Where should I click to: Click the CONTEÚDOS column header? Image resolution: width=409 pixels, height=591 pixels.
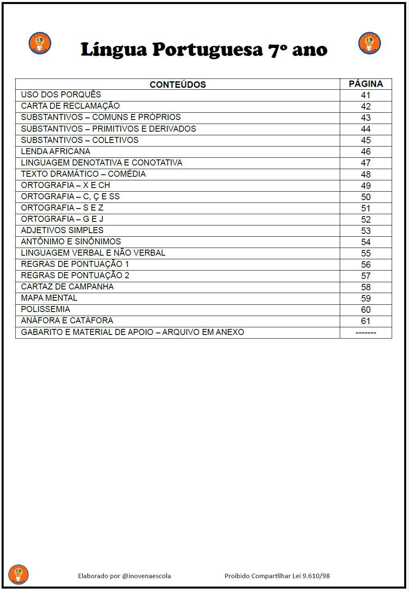178,85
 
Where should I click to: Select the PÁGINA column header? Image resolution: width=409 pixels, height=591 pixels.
366,84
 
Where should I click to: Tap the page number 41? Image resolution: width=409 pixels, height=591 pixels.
366,95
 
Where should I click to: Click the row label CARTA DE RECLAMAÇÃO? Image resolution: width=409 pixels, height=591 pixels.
70,106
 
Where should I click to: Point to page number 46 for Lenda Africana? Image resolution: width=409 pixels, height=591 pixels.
366,152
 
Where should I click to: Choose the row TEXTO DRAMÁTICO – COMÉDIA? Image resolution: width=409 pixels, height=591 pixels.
83,174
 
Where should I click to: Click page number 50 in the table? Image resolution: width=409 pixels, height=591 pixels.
366,197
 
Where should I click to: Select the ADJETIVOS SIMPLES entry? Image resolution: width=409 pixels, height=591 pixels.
62,230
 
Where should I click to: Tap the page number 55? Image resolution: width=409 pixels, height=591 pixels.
366,253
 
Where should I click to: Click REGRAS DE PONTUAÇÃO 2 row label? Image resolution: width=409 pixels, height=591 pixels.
75,275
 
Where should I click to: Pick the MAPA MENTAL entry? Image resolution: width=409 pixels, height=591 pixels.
49,298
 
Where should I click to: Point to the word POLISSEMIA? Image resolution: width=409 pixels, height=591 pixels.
45,309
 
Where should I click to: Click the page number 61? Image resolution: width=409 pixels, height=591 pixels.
366,321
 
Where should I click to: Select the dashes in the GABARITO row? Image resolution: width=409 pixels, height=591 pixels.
366,333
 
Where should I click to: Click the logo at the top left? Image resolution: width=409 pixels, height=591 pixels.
40,43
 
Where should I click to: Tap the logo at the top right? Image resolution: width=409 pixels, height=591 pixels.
370,43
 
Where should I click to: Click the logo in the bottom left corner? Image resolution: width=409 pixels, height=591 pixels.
19,574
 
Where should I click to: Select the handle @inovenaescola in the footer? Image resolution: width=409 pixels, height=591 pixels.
147,576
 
